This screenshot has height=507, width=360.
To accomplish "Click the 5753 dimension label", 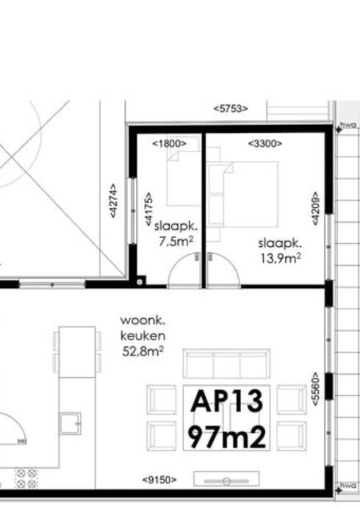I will tap(230, 108).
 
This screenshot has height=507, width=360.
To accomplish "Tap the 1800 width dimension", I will tap(169, 144).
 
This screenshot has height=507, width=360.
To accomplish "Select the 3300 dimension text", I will tap(265, 144).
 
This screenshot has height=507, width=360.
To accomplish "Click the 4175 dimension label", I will tap(148, 209).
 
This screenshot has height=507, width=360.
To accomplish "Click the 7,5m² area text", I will tap(176, 240).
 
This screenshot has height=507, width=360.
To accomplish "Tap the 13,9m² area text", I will tap(280, 257).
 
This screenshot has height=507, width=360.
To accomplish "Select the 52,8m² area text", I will tap(142, 352).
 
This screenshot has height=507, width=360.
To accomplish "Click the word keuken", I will tap(140, 336).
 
